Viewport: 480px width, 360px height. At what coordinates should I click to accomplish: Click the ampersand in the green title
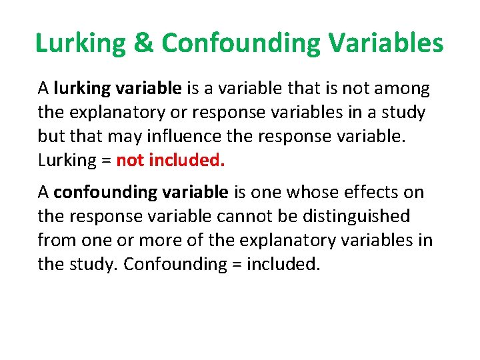143,43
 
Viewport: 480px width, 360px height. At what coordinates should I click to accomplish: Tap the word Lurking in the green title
81,44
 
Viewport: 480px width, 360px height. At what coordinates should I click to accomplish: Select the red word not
130,161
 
